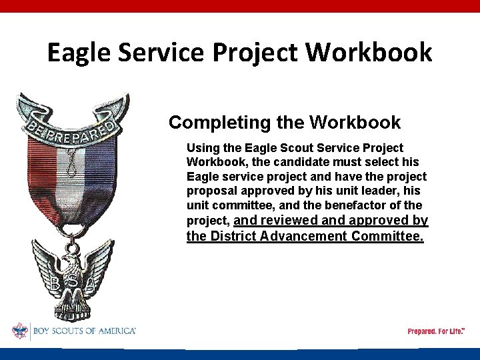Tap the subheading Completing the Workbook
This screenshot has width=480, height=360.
[285, 123]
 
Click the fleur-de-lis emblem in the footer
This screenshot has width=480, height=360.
[20, 331]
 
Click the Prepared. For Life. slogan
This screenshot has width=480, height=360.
[435, 331]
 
